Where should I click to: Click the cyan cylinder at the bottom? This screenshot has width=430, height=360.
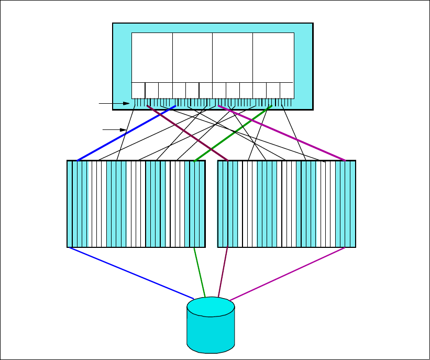click(211, 328)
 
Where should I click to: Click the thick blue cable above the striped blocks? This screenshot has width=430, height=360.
click(126, 133)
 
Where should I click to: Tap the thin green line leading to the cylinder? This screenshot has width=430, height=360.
click(200, 272)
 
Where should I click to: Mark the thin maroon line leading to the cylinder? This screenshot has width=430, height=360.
click(224, 272)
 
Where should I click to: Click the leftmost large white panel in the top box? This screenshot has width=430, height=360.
click(152, 57)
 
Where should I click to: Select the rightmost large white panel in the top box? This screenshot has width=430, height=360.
click(273, 57)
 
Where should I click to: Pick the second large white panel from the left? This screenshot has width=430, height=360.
click(192, 57)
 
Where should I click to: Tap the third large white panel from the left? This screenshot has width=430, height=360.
click(233, 57)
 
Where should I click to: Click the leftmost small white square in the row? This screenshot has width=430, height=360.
click(138, 90)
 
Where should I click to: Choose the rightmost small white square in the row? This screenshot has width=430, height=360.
click(286, 90)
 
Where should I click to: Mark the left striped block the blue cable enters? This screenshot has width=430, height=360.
click(136, 204)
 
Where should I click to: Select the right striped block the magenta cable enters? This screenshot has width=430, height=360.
click(286, 204)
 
